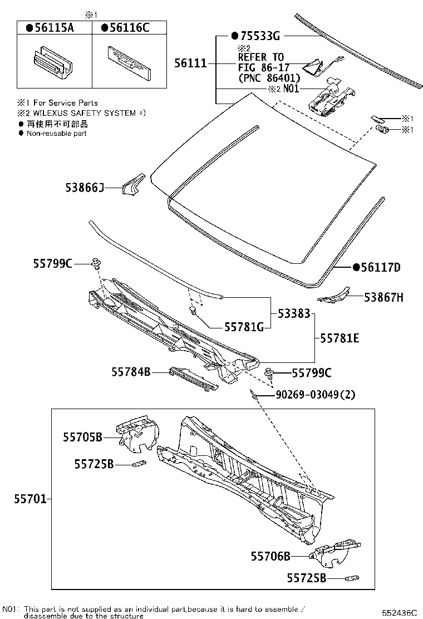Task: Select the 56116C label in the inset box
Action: click(129, 28)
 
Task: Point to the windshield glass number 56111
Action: click(190, 64)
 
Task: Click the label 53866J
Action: click(83, 189)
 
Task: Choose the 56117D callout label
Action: click(381, 267)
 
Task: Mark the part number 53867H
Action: click(383, 298)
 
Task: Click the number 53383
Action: click(292, 314)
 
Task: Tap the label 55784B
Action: click(131, 372)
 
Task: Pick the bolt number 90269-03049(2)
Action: click(315, 395)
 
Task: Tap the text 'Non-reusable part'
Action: click(56, 134)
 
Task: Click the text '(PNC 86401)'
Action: click(269, 78)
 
